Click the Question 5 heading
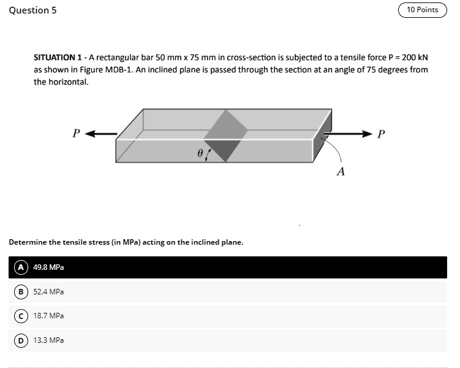point(33,10)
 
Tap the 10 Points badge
point(423,10)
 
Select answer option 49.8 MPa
point(48,267)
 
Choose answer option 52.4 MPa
point(48,292)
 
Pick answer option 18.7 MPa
point(48,316)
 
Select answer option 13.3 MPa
point(48,340)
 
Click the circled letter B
point(21,292)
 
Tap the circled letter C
point(21,316)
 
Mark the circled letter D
point(21,340)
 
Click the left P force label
point(76,132)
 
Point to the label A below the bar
point(341,172)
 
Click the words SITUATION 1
point(57,57)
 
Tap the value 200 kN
point(413,57)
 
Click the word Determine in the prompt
point(27,242)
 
